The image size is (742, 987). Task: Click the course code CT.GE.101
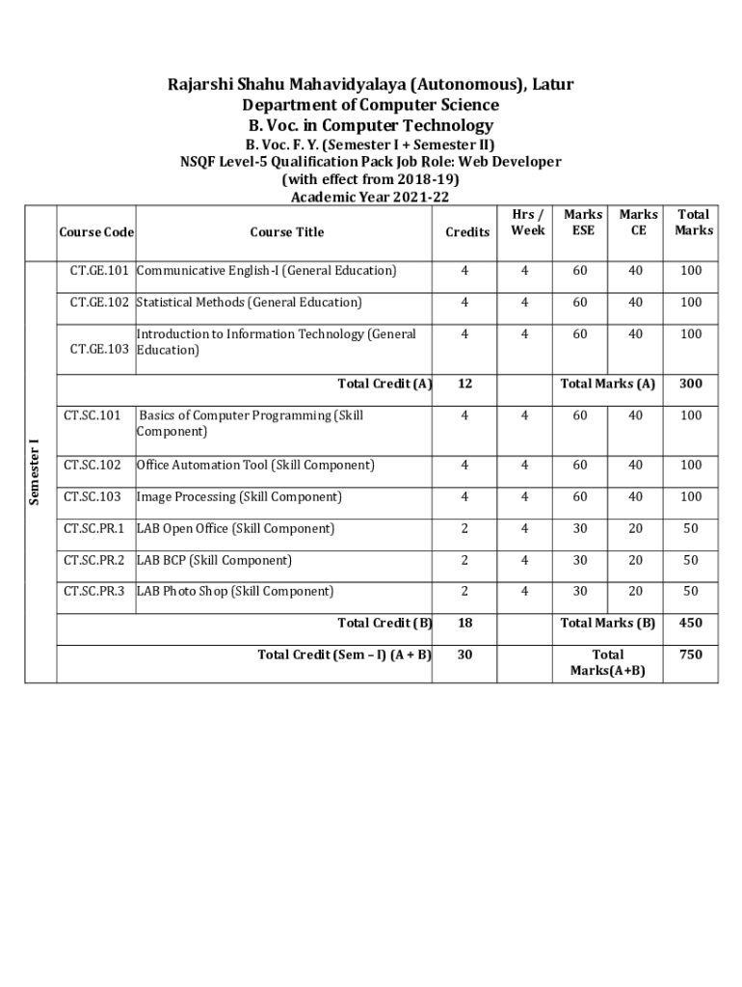tap(99, 271)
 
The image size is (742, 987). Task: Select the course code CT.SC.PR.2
tap(94, 560)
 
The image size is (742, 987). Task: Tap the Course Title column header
tap(286, 232)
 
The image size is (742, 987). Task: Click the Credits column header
tap(466, 232)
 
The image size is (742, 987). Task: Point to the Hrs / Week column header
tap(527, 223)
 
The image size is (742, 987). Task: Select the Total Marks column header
tap(694, 223)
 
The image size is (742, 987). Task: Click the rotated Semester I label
tap(35, 471)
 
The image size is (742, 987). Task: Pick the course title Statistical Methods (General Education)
tap(249, 303)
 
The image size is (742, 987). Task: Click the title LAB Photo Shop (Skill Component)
tap(235, 592)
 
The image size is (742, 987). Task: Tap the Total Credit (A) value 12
tap(465, 384)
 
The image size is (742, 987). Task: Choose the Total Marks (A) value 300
tap(690, 384)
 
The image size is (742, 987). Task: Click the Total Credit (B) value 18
tap(465, 624)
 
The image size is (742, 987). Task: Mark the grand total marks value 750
tap(690, 654)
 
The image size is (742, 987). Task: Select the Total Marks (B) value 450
tap(690, 624)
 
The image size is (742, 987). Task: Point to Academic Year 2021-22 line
tap(370, 198)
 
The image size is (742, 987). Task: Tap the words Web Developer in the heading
tap(509, 162)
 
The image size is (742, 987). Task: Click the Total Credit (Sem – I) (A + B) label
tap(344, 654)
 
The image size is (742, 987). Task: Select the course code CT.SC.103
tap(93, 497)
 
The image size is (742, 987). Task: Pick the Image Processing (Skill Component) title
tap(239, 497)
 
